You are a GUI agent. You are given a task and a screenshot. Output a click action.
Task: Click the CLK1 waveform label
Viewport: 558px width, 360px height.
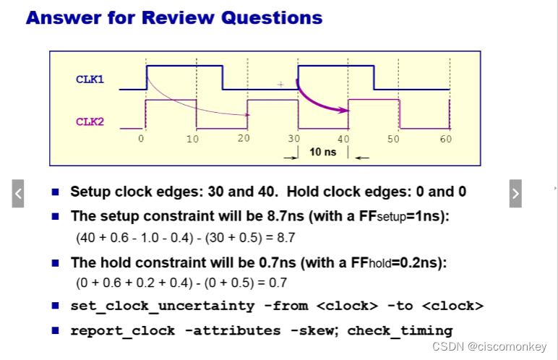[90, 79]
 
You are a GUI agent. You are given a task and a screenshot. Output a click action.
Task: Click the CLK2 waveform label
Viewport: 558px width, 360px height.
[90, 121]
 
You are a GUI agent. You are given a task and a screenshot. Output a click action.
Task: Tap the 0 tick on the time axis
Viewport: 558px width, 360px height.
[142, 138]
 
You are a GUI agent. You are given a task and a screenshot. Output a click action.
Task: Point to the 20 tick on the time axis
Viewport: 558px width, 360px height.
[243, 138]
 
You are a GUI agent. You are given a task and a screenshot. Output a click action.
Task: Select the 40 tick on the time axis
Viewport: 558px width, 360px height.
[344, 138]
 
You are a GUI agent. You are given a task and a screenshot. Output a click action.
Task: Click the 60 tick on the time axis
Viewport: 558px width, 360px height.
[445, 138]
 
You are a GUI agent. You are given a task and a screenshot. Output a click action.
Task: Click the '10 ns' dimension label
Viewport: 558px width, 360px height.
[323, 152]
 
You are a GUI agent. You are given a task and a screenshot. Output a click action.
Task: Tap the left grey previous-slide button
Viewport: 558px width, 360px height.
[18, 193]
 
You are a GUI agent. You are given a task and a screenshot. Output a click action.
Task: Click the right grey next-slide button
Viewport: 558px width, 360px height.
[515, 193]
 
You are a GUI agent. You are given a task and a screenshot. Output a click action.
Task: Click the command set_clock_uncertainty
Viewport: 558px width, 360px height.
[163, 306]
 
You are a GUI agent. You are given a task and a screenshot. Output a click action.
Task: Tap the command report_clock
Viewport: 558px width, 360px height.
[123, 330]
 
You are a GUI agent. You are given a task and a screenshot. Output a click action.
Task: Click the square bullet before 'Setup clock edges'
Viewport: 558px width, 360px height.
[56, 192]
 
